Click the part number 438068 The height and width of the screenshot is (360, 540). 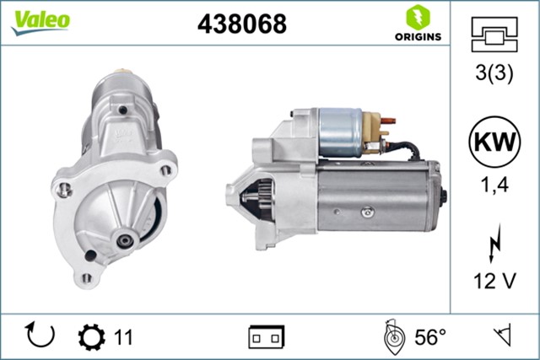coord(241,24)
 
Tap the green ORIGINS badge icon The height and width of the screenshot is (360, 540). coord(415,17)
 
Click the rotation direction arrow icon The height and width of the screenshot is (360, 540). coord(40,336)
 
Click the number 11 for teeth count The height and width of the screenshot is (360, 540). coord(123,337)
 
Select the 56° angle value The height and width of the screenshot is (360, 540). coord(429,337)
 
